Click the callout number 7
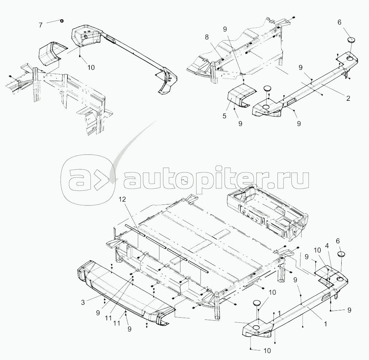(x=40, y=25)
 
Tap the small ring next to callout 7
(x=62, y=20)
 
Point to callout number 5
(x=225, y=116)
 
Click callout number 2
(x=348, y=98)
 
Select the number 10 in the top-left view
(x=91, y=68)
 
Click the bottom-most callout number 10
(x=267, y=351)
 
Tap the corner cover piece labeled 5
(x=239, y=96)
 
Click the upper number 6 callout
(x=339, y=22)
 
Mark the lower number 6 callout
(x=338, y=241)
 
